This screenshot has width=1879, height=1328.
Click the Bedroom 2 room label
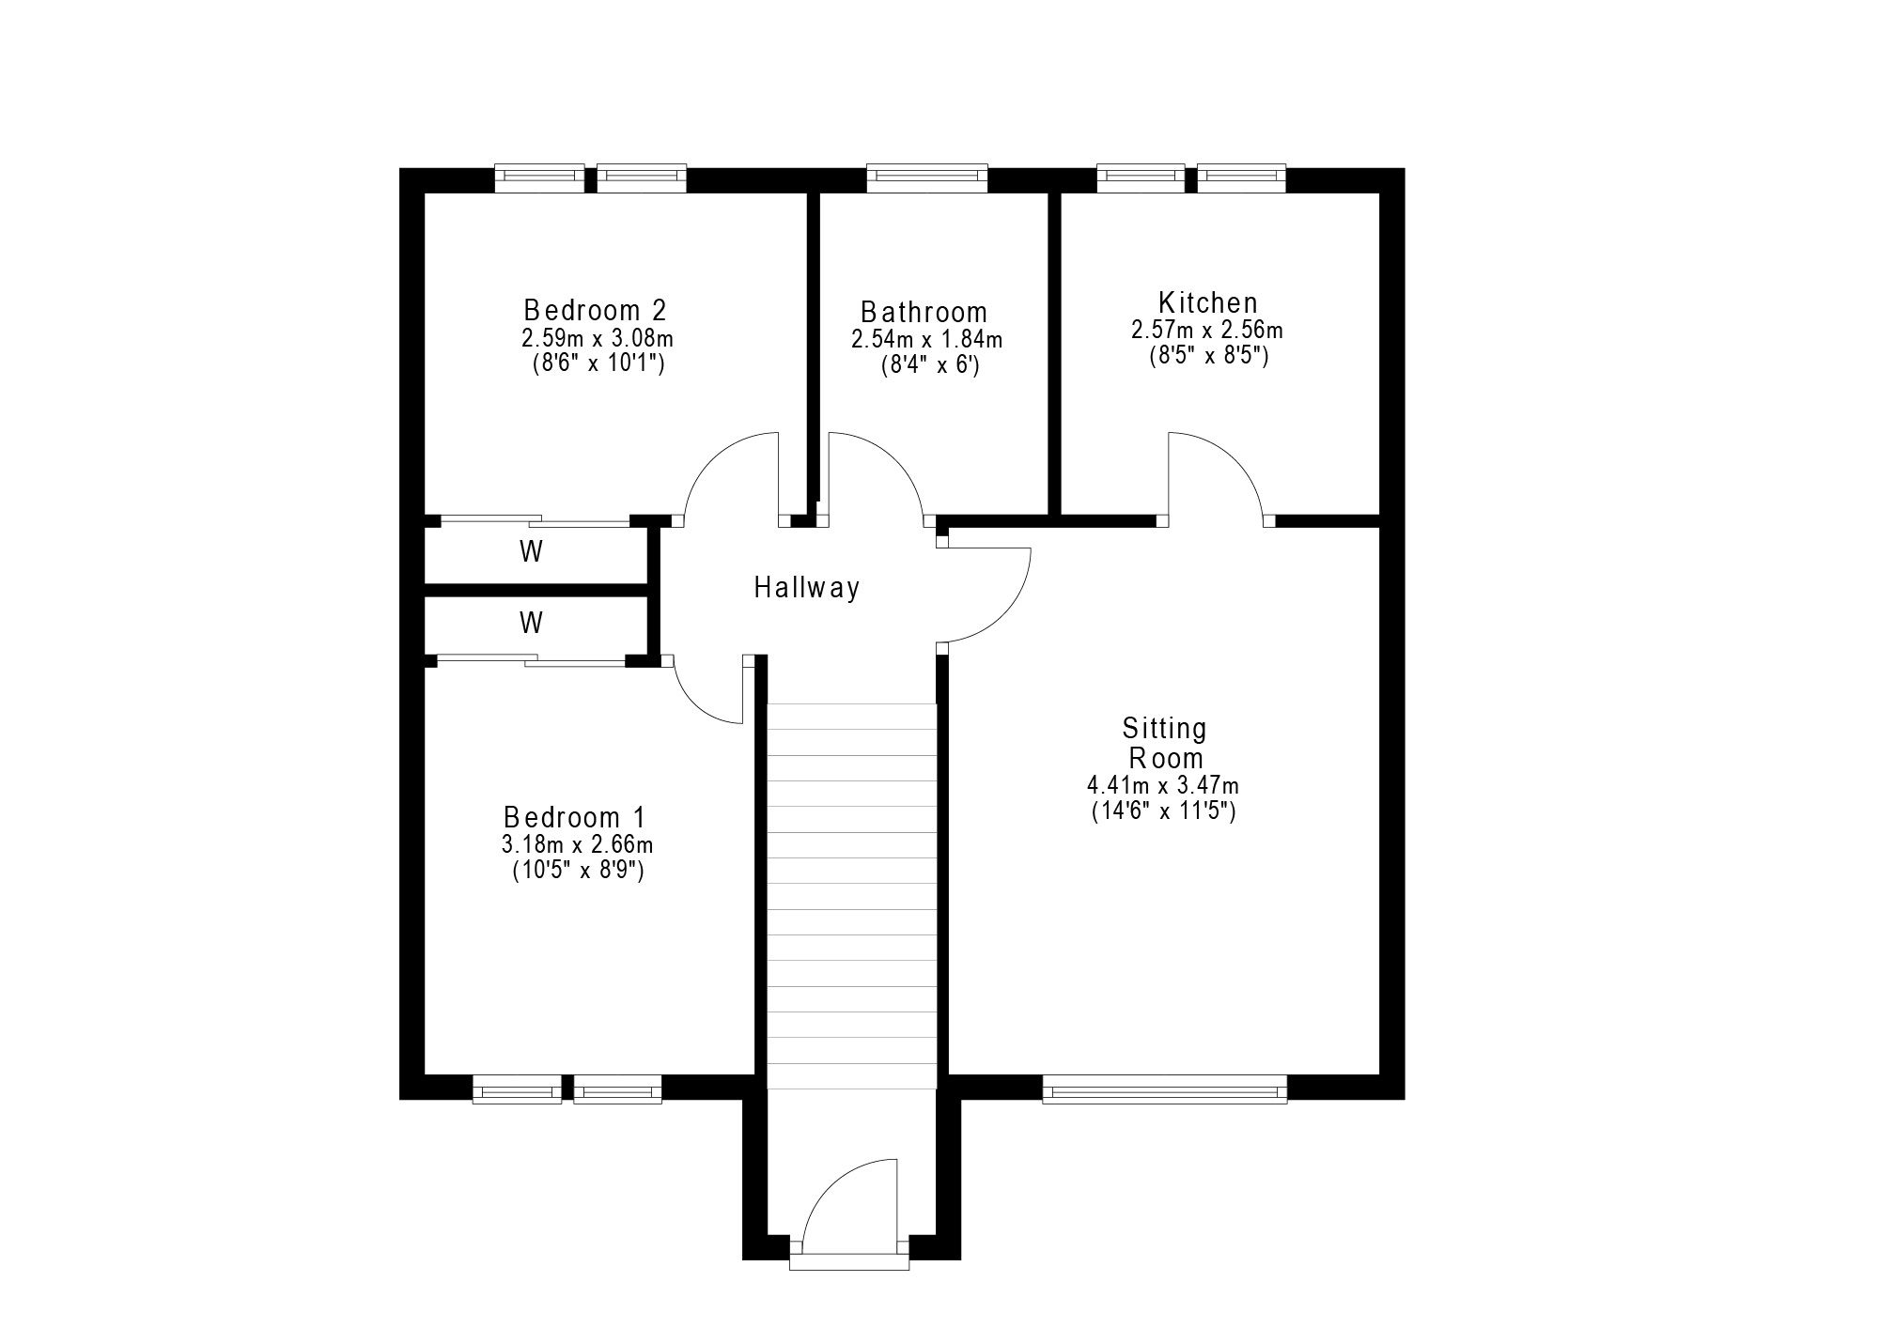point(596,309)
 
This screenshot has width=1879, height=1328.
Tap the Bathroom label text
point(924,312)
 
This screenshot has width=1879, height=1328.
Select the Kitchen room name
point(1207,302)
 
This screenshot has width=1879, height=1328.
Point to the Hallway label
point(807,588)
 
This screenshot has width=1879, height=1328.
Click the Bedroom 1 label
point(575,816)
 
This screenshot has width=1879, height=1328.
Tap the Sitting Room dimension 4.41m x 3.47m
point(1163,785)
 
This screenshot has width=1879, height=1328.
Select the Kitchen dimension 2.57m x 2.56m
point(1207,331)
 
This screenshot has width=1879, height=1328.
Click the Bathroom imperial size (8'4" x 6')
point(929,366)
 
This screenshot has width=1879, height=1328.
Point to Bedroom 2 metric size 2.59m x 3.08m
point(598,338)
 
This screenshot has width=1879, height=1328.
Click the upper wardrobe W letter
point(531,552)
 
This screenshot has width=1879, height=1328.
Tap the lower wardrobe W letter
point(531,622)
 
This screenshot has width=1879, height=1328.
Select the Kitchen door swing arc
point(1235,459)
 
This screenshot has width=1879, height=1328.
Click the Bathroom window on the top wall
point(927,178)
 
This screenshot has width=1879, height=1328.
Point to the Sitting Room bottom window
point(1165,1089)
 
